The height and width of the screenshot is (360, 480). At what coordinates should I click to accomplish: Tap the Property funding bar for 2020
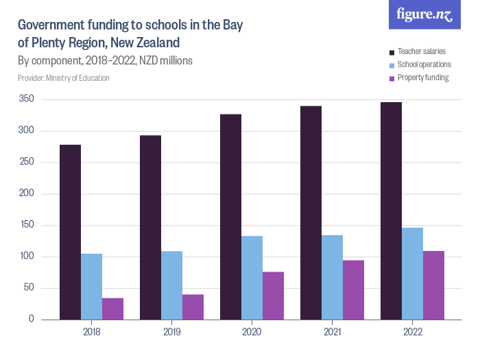(273, 296)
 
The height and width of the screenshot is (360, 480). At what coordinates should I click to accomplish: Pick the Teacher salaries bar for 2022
(391, 211)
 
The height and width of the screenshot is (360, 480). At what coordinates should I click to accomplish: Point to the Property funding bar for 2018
(112, 309)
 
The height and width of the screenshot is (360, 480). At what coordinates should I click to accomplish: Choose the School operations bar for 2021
(332, 277)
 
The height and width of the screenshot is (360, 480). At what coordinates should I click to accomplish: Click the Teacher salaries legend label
(421, 51)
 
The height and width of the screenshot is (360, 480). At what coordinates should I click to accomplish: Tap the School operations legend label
(424, 64)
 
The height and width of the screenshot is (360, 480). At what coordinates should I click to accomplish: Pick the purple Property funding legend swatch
(392, 78)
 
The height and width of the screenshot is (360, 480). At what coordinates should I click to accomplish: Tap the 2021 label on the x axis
(332, 332)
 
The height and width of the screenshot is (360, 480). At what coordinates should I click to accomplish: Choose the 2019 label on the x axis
(171, 332)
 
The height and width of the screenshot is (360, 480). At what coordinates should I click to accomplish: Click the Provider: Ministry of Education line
(63, 78)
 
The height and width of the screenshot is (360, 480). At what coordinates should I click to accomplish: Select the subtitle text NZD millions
(165, 60)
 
